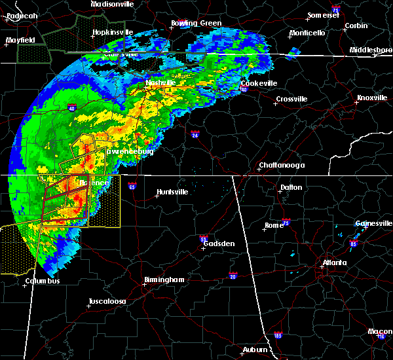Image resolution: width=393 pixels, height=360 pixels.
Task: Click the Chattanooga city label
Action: (x=282, y=166)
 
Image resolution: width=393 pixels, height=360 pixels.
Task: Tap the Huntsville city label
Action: (x=172, y=192)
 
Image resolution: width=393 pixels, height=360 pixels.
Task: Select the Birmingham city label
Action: (x=165, y=279)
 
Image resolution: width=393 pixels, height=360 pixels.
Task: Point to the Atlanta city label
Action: (x=335, y=263)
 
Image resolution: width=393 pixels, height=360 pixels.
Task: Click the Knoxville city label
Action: (x=371, y=98)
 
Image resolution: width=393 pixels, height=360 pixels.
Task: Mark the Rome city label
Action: (x=274, y=225)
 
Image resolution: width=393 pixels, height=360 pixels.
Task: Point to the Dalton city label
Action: (x=291, y=187)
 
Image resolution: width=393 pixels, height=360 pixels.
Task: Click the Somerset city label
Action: (x=324, y=15)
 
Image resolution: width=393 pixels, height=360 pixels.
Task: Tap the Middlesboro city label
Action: (x=371, y=50)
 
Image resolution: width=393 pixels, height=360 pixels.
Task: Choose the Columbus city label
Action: (x=43, y=281)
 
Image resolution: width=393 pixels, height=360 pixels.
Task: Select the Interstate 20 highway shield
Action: (x=233, y=276)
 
